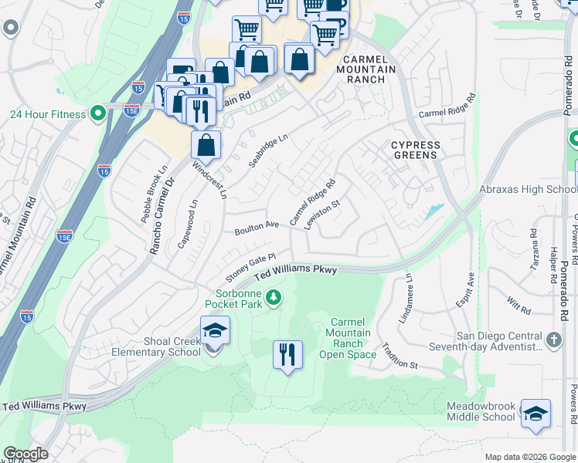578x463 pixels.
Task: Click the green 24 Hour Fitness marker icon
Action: tap(97, 114)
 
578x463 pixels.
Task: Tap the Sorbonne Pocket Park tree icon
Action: tap(273, 296)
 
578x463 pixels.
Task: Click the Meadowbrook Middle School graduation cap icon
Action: tap(535, 414)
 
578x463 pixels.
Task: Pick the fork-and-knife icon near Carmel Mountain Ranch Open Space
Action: tap(287, 355)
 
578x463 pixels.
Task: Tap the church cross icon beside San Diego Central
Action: tap(553, 340)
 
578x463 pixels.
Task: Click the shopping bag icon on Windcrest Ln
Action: tap(206, 145)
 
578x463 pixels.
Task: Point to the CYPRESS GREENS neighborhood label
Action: tap(415, 150)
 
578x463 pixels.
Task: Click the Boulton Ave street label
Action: tap(256, 228)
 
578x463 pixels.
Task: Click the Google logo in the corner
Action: tap(25, 454)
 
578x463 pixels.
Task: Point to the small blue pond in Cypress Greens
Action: tap(433, 211)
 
